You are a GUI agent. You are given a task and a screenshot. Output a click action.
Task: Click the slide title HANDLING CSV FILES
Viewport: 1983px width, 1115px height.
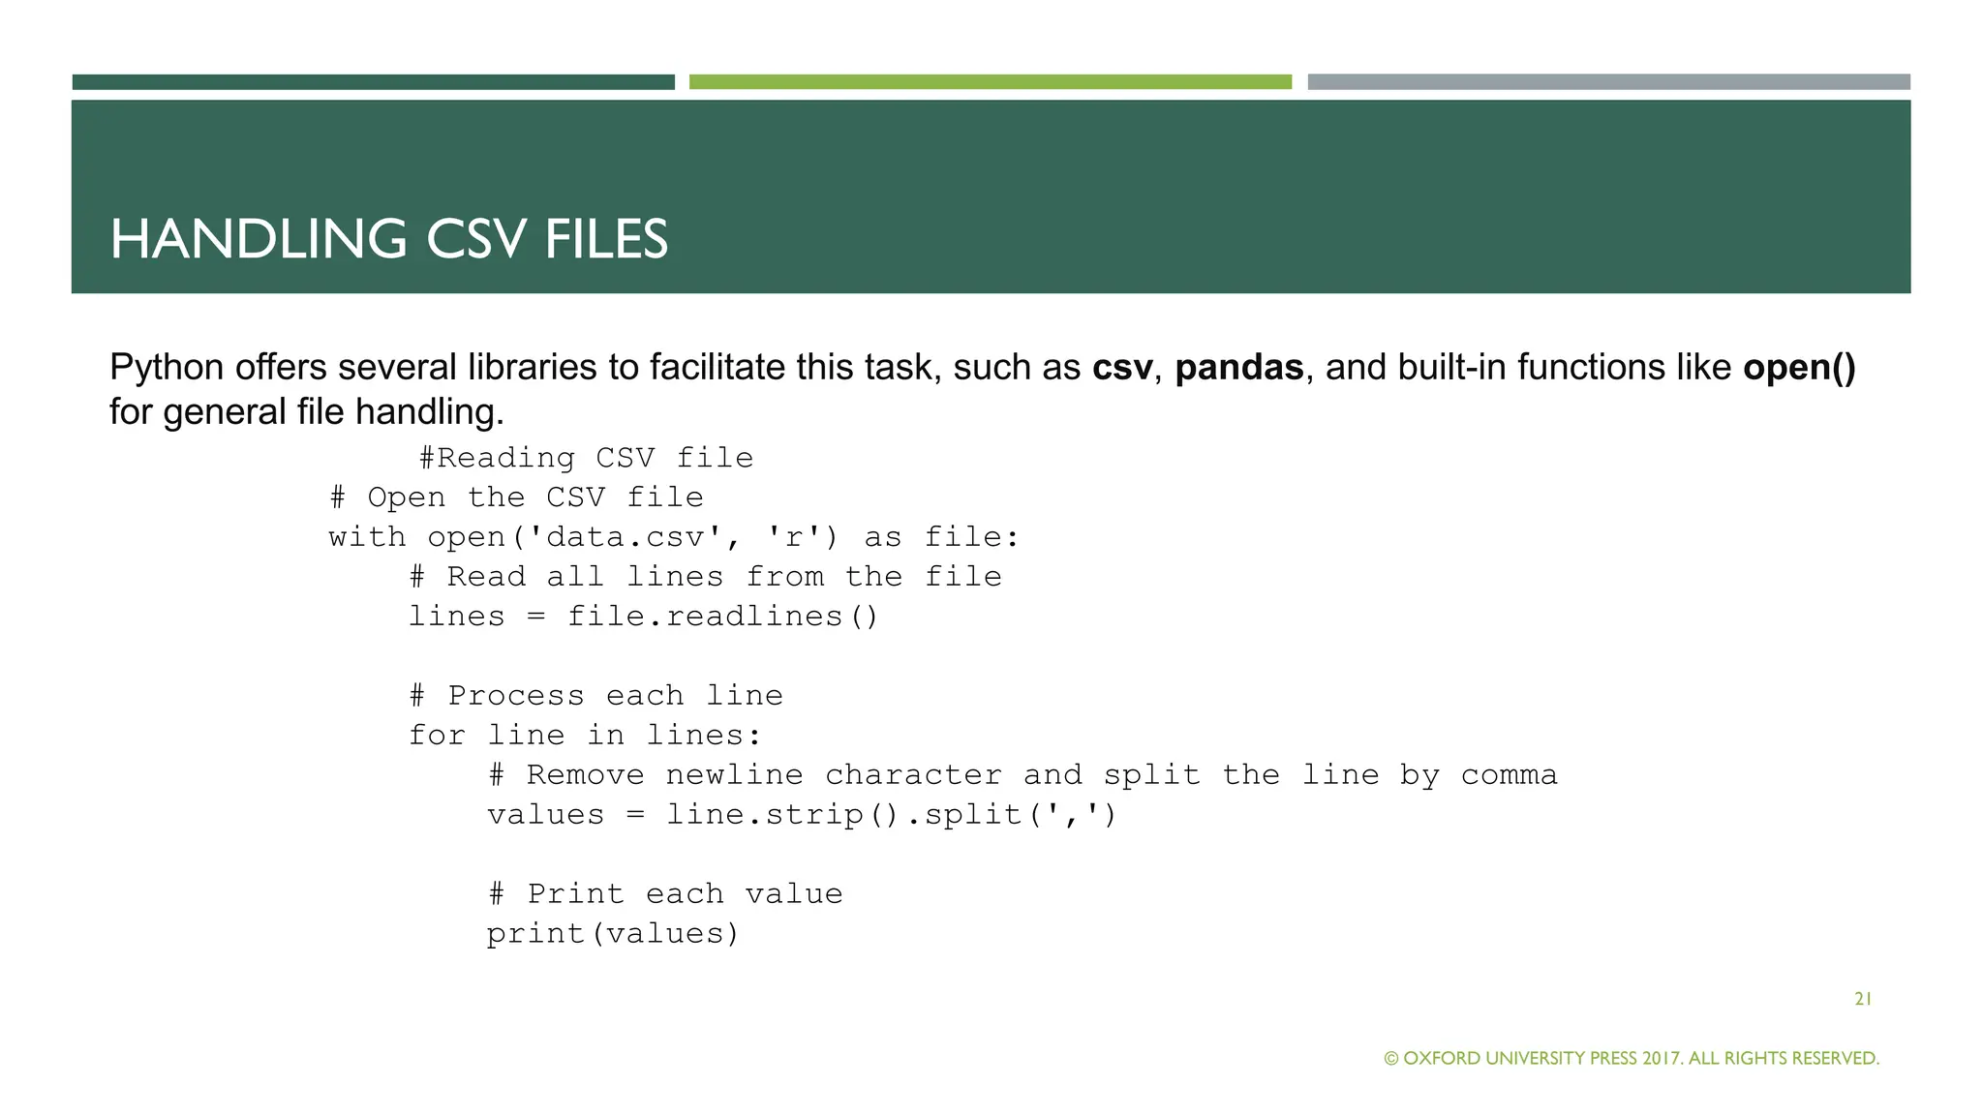[389, 239]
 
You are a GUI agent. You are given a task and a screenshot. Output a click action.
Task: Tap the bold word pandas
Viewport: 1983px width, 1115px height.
[1239, 368]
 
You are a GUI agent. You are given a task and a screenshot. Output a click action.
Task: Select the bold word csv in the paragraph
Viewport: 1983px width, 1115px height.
[1122, 368]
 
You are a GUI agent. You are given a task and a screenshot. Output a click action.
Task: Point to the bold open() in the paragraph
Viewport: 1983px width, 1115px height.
[1799, 368]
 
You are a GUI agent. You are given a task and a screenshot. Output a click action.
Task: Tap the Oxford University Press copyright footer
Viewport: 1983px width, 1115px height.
[1632, 1058]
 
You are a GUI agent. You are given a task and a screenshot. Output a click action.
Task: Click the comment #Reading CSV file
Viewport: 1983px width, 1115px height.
[586, 458]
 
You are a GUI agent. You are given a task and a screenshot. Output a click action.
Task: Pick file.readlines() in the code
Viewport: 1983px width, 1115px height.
[722, 617]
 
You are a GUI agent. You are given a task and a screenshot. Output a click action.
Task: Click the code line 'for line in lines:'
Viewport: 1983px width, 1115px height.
[585, 736]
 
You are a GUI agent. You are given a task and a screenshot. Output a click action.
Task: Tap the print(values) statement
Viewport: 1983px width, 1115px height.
[613, 934]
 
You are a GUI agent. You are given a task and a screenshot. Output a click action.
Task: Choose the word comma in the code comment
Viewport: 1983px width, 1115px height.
[1509, 775]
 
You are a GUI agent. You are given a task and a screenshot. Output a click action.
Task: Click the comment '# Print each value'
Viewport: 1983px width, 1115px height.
[665, 894]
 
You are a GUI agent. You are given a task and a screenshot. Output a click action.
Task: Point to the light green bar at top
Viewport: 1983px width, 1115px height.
[990, 82]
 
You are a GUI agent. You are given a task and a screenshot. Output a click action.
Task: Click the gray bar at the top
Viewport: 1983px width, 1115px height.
[1608, 82]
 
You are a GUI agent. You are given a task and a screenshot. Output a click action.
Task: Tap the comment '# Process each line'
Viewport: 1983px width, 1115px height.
[595, 696]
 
